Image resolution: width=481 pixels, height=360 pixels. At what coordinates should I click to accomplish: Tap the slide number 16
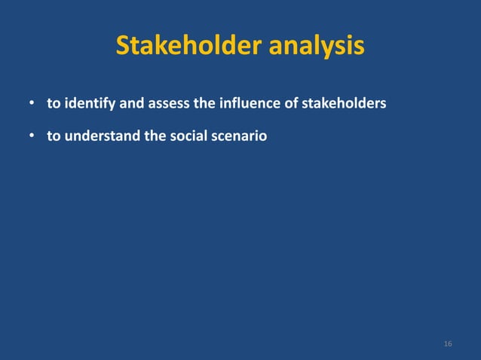tap(448, 344)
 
